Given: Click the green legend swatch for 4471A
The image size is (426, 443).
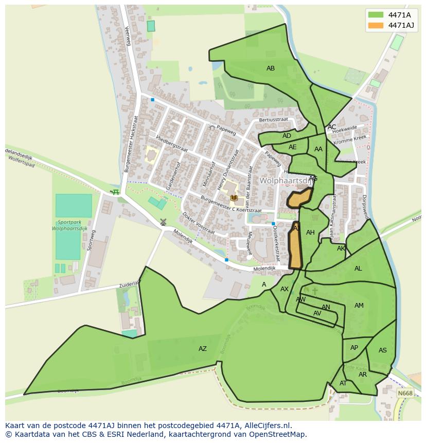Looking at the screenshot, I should (x=376, y=14).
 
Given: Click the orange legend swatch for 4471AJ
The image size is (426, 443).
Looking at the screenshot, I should (x=376, y=25).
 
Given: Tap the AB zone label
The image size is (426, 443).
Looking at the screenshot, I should (x=271, y=68).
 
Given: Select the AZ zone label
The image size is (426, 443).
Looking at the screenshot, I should (x=203, y=349).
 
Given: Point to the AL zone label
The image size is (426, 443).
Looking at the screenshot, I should (x=358, y=269).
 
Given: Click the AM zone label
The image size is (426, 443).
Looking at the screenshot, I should (x=359, y=306).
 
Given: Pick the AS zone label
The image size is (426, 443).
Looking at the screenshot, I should (x=382, y=350).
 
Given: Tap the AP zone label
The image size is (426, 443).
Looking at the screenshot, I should (x=354, y=348).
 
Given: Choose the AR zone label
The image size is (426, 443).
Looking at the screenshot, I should (x=363, y=375).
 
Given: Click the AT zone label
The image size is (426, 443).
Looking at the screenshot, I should (x=343, y=383).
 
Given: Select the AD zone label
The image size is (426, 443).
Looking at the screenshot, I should (x=287, y=136).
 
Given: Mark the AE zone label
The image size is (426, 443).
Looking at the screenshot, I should (x=293, y=147).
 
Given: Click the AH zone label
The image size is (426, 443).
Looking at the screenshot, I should (x=310, y=233).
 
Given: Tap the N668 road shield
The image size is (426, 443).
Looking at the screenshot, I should (x=405, y=394).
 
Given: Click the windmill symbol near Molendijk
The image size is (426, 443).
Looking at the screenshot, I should (x=163, y=222).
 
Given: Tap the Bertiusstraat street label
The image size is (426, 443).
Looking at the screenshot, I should (x=274, y=119).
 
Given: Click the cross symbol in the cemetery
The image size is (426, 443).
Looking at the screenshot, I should (x=315, y=291).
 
